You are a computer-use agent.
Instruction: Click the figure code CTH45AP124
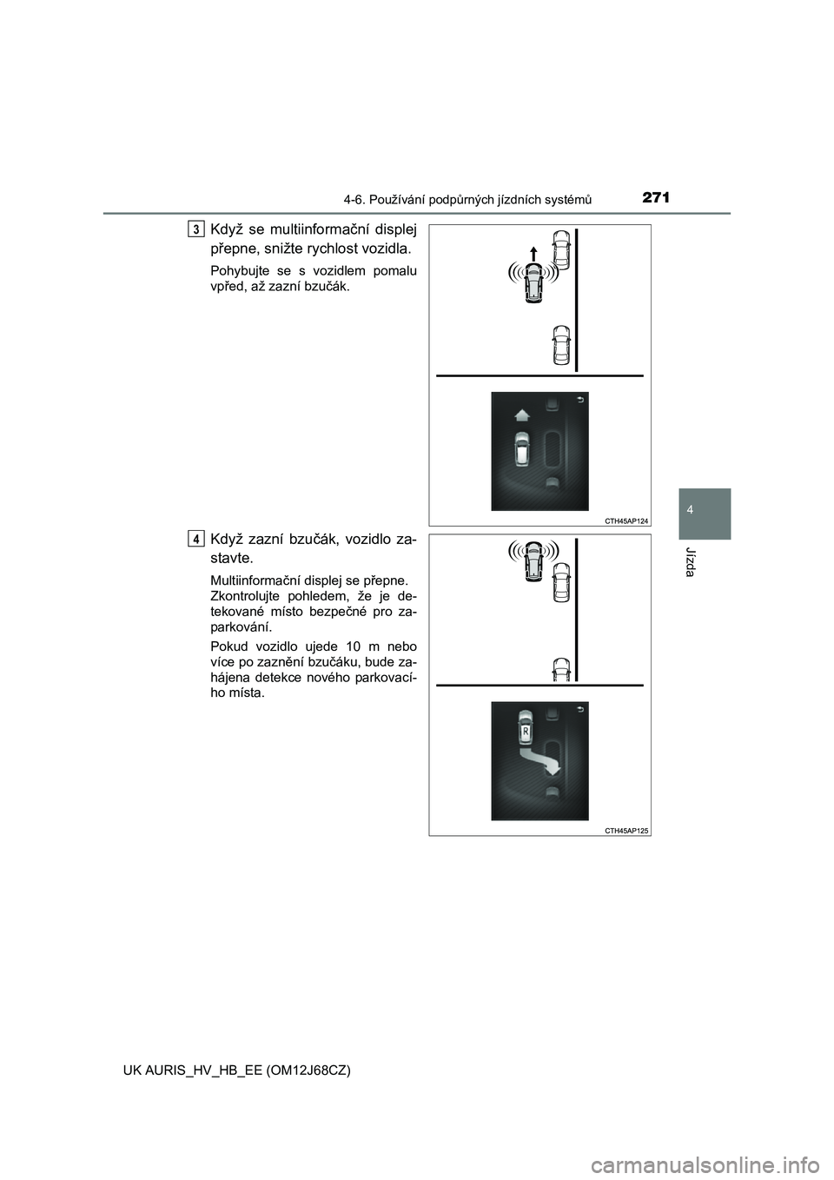(624, 519)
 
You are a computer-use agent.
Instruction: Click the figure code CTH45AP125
(624, 829)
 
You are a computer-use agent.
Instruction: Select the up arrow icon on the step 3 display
(520, 414)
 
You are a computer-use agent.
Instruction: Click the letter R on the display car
(525, 733)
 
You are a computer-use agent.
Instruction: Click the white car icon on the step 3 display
(521, 450)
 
